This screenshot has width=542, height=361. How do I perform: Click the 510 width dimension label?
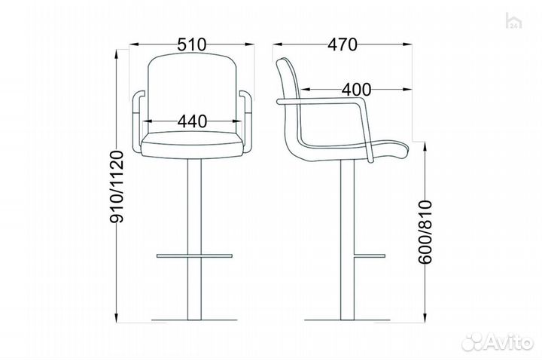(192, 44)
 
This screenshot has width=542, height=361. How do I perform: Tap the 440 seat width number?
(193, 121)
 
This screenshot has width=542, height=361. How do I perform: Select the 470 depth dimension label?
(343, 44)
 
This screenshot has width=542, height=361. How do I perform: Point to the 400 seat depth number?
(356, 90)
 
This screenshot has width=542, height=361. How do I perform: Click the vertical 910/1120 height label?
(116, 187)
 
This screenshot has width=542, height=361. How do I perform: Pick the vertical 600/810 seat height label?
(425, 232)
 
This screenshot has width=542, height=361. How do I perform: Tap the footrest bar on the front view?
(194, 255)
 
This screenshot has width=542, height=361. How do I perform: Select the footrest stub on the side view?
(369, 255)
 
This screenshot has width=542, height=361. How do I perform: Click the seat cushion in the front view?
(192, 145)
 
